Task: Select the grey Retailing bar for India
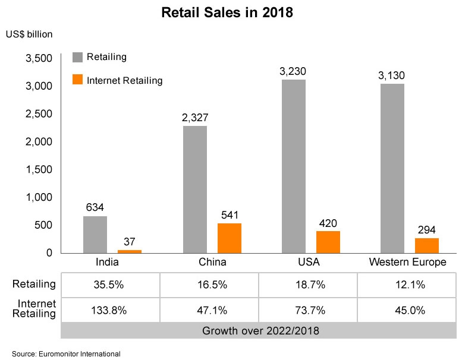pyautogui.click(x=95, y=234)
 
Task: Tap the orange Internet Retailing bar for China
pyautogui.click(x=229, y=238)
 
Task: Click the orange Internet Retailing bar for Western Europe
pyautogui.click(x=426, y=245)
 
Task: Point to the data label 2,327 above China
pyautogui.click(x=194, y=118)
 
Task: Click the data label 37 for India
pyautogui.click(x=129, y=241)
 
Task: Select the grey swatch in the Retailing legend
pyautogui.click(x=77, y=58)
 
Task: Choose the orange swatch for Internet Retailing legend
pyautogui.click(x=77, y=80)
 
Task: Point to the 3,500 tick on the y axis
pyautogui.click(x=39, y=58)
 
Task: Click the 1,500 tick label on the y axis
pyautogui.click(x=39, y=169)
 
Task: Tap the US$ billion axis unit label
pyautogui.click(x=29, y=34)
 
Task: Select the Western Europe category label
pyautogui.click(x=407, y=262)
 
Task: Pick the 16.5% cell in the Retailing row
pyautogui.click(x=209, y=285)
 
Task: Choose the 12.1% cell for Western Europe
pyautogui.click(x=407, y=285)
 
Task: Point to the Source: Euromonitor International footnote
pyautogui.click(x=66, y=354)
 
